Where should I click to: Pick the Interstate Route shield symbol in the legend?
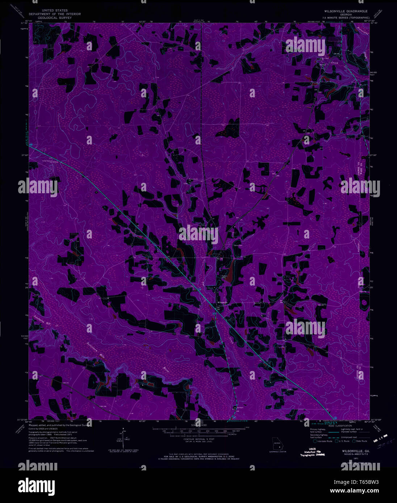313,441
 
